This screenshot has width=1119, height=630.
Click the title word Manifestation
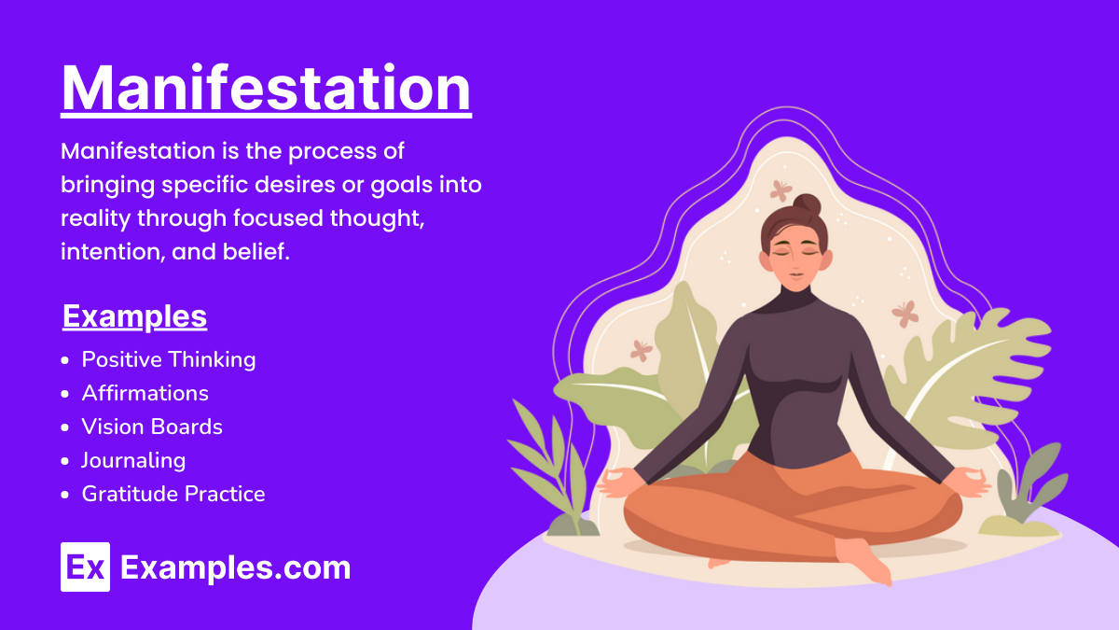click(x=266, y=88)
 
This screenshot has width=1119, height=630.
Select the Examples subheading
click(x=134, y=317)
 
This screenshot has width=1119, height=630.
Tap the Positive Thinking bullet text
click(x=169, y=359)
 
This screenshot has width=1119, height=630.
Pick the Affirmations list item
click(x=145, y=393)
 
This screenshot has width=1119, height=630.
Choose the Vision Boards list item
click(x=152, y=427)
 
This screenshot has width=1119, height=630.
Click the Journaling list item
click(x=133, y=460)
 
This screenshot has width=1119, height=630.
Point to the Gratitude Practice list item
click(x=173, y=494)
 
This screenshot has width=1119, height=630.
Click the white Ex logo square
click(x=85, y=567)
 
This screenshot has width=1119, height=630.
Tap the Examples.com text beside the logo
click(x=235, y=567)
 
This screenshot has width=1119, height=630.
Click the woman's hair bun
click(x=808, y=204)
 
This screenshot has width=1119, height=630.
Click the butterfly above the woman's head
click(x=781, y=190)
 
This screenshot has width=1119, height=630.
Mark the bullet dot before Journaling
click(x=64, y=461)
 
